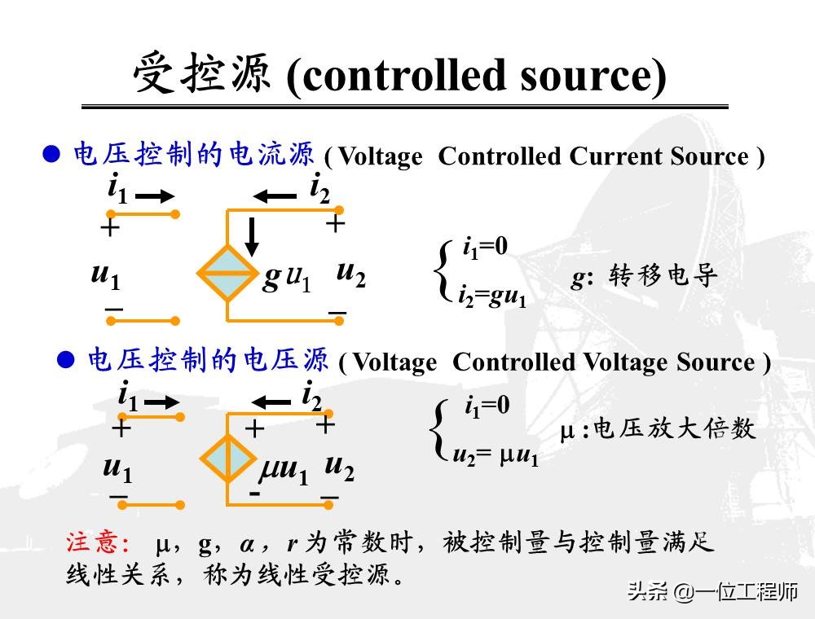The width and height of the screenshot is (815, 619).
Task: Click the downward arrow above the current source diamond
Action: click(x=252, y=235)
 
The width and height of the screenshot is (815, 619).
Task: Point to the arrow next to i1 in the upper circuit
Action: click(x=154, y=196)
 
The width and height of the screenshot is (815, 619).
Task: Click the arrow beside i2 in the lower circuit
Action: click(x=271, y=401)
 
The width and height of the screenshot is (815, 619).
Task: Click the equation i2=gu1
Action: click(x=491, y=295)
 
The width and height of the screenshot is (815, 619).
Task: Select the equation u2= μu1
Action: click(x=496, y=456)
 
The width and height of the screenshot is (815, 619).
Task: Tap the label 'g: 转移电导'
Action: click(x=644, y=277)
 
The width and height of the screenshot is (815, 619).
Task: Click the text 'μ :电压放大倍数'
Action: click(x=658, y=428)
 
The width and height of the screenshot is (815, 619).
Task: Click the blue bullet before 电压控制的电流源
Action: click(x=52, y=154)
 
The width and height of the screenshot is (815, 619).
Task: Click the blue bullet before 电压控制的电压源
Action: click(x=68, y=359)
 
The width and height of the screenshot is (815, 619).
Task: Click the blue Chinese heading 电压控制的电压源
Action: click(x=207, y=360)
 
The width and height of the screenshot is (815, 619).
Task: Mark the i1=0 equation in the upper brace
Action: click(x=486, y=246)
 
